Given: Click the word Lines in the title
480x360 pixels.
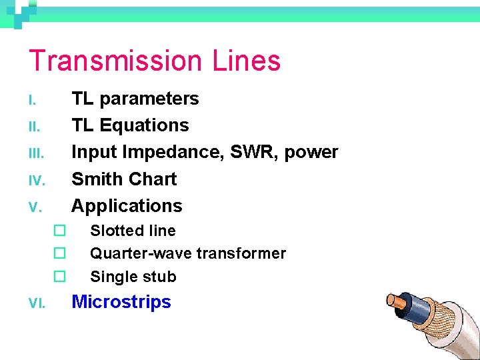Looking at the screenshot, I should [x=247, y=61].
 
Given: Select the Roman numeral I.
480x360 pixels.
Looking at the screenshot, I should [x=31, y=100].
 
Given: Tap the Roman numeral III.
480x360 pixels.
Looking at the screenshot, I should [x=36, y=153].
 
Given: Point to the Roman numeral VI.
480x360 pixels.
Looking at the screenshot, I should [x=37, y=303].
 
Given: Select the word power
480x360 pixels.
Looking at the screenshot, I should [x=311, y=153].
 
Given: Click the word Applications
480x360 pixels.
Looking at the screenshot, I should [x=127, y=206].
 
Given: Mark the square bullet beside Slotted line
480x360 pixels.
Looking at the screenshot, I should [x=59, y=231].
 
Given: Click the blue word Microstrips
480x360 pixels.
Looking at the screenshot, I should [x=121, y=302].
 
